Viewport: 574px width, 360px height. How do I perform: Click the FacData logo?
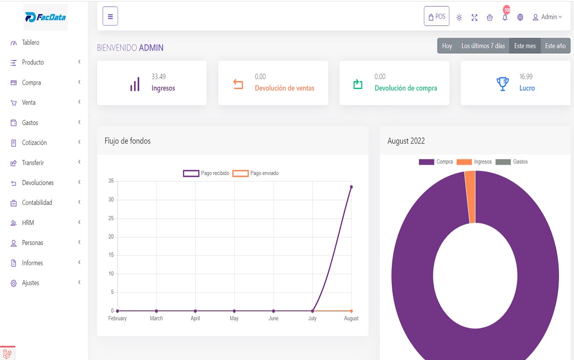point(45,17)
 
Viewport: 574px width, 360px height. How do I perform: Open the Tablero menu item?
point(31,42)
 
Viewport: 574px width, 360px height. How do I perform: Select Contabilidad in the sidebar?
point(37,202)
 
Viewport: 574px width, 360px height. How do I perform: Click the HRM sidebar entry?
point(28,222)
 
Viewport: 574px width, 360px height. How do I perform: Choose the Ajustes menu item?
point(31,283)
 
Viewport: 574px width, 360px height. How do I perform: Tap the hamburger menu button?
point(110,16)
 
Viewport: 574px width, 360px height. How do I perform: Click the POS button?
point(436,16)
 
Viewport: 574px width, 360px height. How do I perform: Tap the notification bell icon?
point(505,17)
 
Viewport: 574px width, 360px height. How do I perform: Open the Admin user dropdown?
point(547,17)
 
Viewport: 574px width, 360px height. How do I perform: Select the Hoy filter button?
point(447,46)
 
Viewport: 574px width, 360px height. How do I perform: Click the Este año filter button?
point(555,46)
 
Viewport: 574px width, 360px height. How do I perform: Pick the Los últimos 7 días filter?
point(483,46)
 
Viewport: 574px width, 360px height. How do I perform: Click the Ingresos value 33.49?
point(159,76)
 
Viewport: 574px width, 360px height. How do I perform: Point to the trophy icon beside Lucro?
point(502,83)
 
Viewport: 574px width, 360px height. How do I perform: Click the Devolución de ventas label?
point(284,88)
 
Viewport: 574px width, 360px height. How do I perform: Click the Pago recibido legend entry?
point(206,173)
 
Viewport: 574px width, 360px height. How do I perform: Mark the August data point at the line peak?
point(351,187)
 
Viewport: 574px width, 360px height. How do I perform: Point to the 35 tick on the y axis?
point(111,181)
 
